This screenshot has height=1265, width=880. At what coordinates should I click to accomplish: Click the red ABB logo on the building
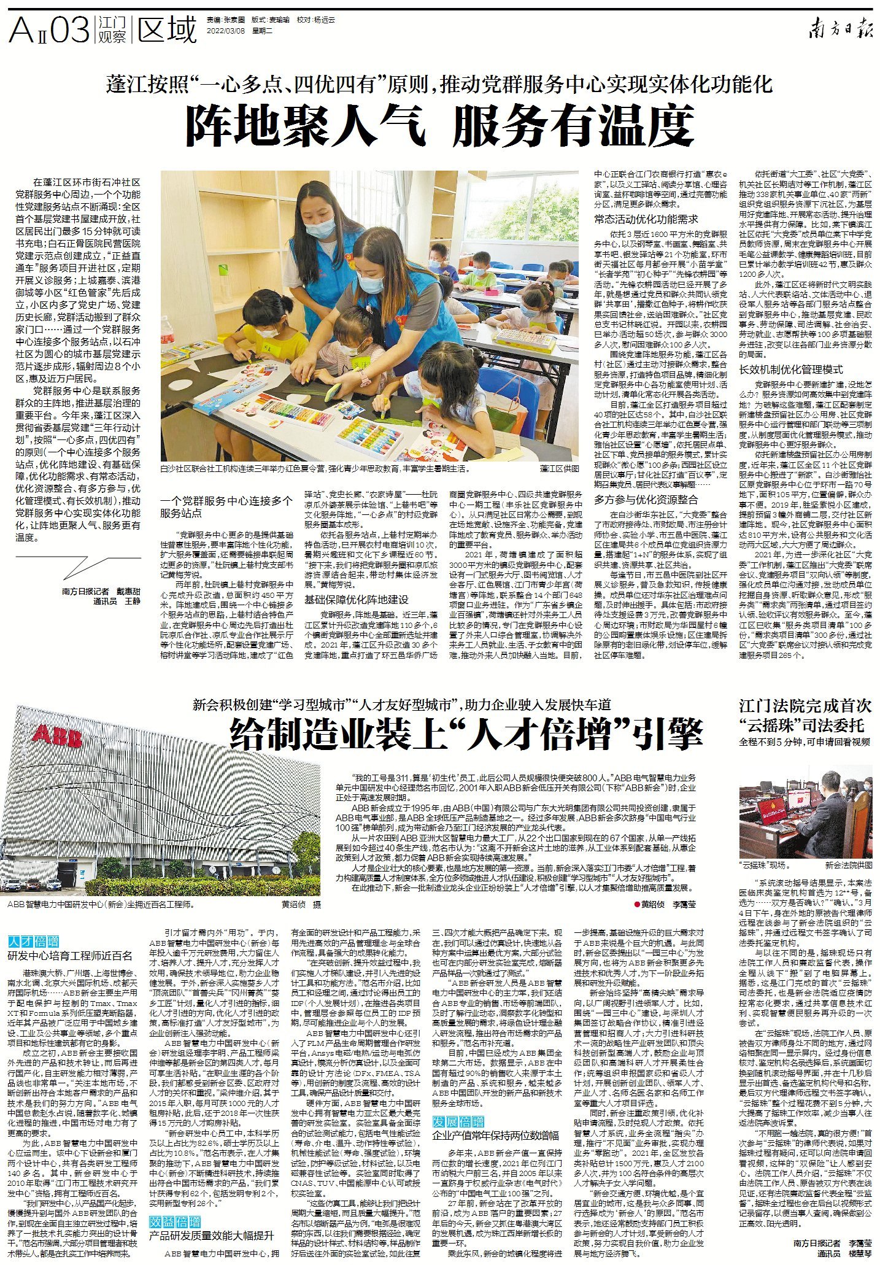(57, 735)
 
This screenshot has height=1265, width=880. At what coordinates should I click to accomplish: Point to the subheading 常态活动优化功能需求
(646, 219)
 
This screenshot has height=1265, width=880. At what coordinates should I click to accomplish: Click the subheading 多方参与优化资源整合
(646, 500)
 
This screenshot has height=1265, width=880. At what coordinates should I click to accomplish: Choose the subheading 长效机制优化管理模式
(791, 369)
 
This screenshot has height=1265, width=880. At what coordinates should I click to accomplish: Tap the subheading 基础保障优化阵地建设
(356, 600)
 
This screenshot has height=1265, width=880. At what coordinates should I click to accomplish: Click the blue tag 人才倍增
(34, 941)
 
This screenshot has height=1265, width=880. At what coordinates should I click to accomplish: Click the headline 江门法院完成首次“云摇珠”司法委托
(805, 716)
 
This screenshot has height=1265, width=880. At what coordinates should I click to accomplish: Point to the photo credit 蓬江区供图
(559, 468)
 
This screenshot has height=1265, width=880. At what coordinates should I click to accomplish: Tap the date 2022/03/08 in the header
(226, 30)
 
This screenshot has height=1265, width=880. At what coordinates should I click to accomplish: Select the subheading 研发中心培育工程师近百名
(70, 956)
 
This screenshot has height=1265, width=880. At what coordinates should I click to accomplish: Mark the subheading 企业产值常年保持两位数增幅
(495, 1135)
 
